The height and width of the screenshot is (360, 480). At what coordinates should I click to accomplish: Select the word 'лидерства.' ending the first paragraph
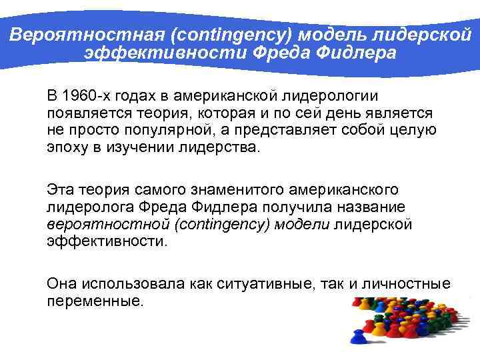coord(219,147)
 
